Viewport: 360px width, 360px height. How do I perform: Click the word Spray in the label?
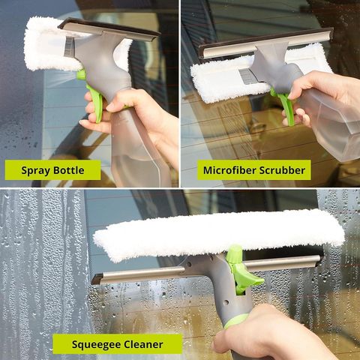tap(36, 171)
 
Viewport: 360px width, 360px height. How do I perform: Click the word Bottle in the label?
tap(69, 170)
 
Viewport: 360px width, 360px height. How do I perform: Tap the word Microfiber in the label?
tap(229, 170)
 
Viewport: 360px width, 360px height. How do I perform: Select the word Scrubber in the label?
tap(282, 170)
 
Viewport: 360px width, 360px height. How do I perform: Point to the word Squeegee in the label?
tap(97, 345)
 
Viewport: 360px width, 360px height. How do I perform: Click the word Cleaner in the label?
tap(143, 344)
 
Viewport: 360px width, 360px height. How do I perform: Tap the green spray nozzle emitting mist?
tap(81, 75)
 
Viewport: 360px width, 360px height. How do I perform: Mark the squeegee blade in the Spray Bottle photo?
tap(109, 29)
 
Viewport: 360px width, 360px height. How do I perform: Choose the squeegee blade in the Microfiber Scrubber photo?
tap(266, 43)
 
